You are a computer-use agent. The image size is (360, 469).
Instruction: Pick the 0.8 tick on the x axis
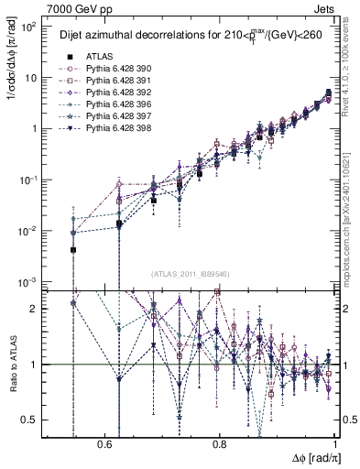[220, 442]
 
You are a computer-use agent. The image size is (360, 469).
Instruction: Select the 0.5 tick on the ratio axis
[29, 420]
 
